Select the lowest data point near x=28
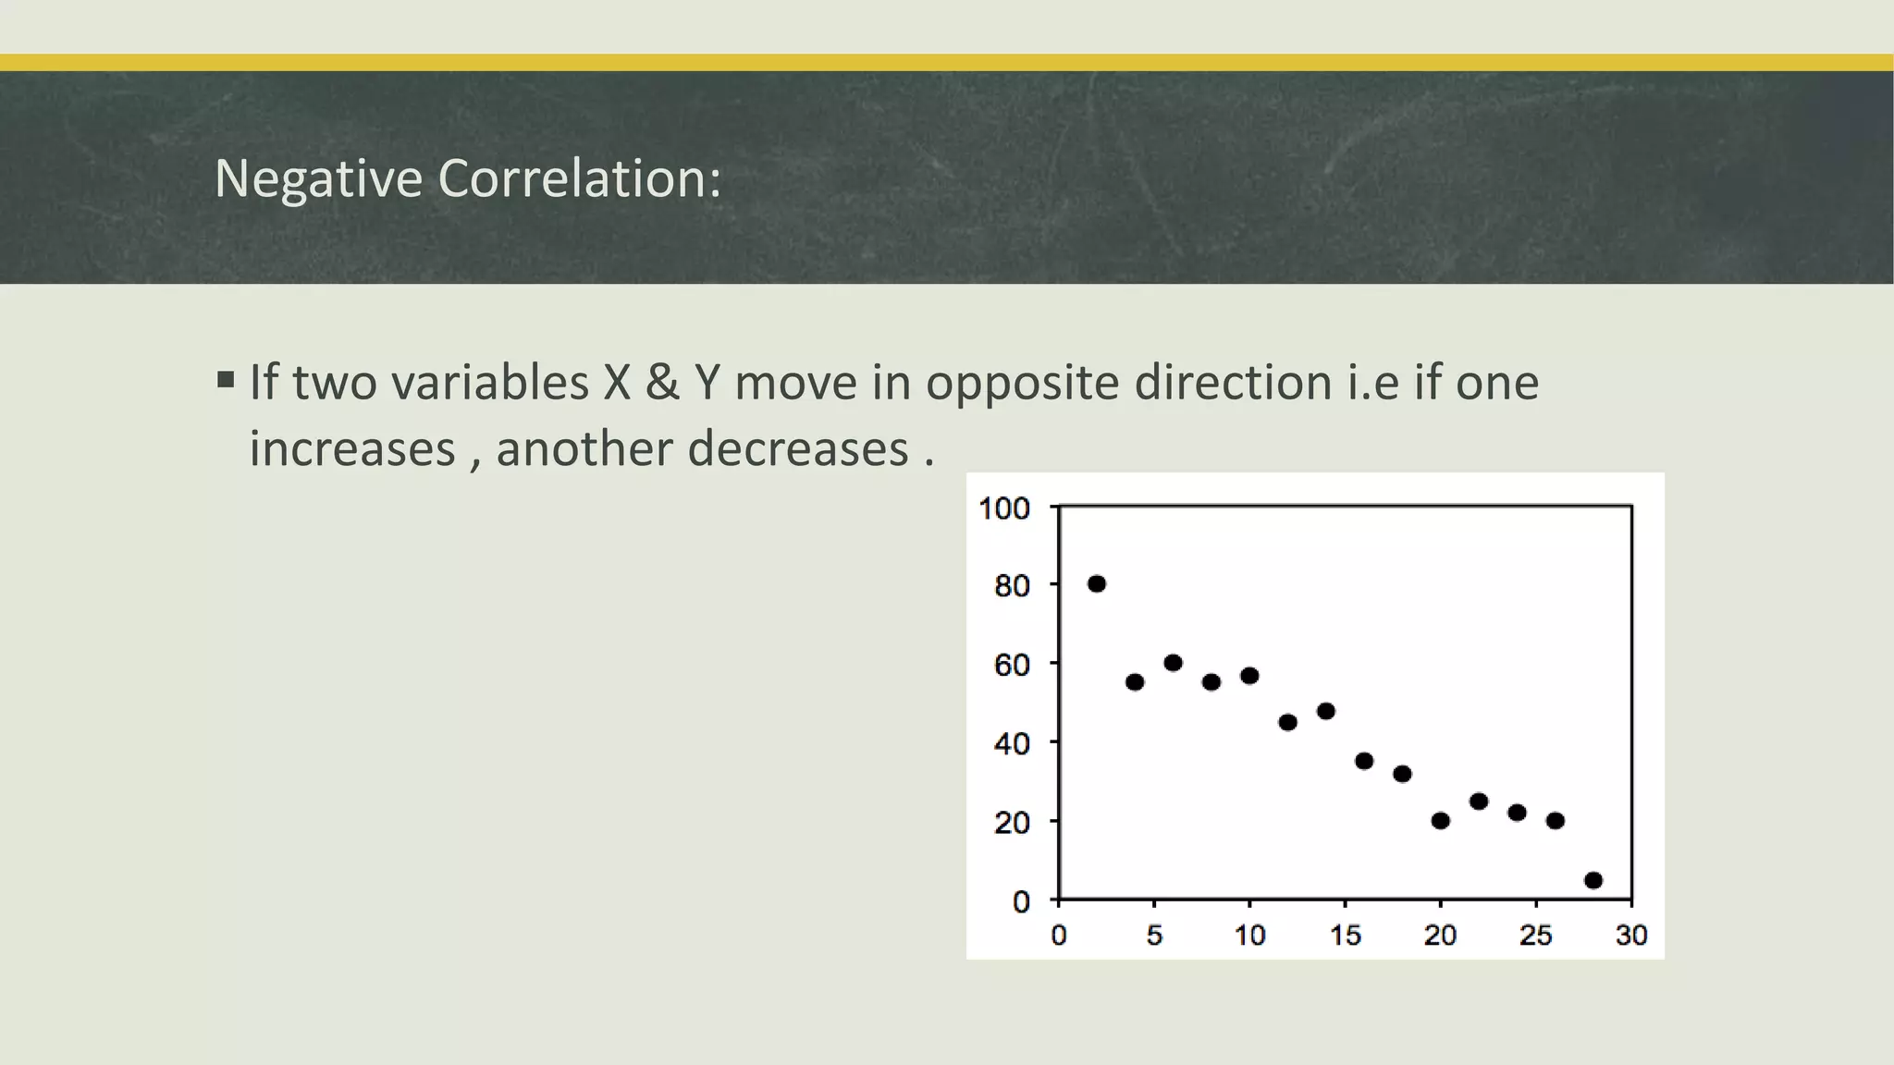1593,880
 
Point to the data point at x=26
1555,820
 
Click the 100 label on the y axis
1004,508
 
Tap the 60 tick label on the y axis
1012,665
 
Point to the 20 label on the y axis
1012,822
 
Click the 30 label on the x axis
1631,936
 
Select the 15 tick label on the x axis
1345,936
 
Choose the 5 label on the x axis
1154,936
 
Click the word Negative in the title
318,177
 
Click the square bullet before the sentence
226,380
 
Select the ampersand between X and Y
661,382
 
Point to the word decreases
798,448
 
